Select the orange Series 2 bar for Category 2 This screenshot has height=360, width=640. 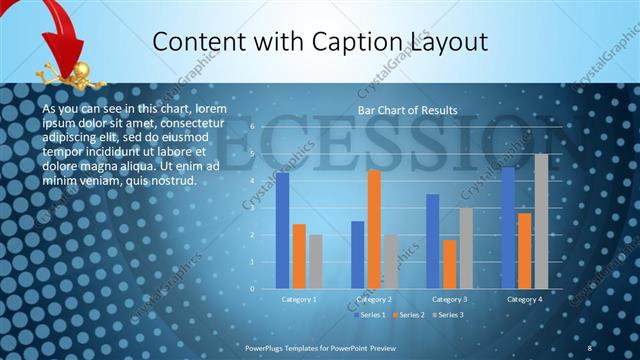374,229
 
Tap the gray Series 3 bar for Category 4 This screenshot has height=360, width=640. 541,221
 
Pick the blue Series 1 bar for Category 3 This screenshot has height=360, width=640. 433,241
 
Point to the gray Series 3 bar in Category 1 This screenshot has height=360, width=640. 315,261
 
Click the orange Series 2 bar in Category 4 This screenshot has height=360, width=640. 524,250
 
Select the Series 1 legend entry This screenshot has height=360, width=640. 371,315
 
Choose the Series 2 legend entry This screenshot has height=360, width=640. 410,315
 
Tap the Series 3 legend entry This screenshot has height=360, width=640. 449,315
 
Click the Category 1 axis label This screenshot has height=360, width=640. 299,299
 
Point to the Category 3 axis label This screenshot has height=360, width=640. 449,299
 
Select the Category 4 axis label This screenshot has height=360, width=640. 524,299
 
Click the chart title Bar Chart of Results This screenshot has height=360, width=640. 408,110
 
